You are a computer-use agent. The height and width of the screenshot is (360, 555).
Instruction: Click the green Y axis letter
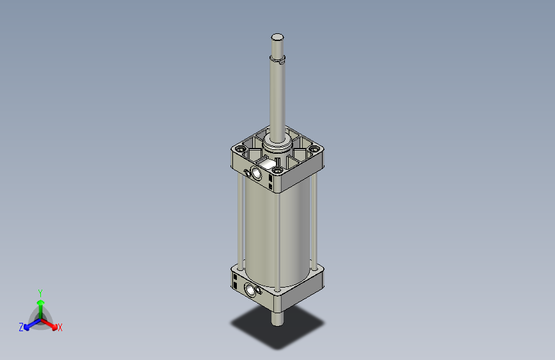coord(40,291)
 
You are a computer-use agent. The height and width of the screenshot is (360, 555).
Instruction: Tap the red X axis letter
coord(60,328)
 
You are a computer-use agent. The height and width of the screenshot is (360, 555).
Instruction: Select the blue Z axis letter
coord(21,327)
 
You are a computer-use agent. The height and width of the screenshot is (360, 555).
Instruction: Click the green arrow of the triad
coord(40,304)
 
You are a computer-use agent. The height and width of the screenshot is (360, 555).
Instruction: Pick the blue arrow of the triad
coord(29,323)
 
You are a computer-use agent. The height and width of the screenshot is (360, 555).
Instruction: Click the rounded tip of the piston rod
coord(277,37)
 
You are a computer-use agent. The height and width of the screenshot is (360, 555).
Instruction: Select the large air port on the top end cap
coord(257,174)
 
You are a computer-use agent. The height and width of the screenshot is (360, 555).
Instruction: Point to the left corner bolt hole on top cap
coord(241,149)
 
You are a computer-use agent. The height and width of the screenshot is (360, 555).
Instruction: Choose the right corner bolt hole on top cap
coord(314,149)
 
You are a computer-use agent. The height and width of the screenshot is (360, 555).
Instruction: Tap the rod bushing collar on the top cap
coord(278,145)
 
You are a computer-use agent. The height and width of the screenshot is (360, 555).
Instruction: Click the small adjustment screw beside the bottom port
coord(259,291)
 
